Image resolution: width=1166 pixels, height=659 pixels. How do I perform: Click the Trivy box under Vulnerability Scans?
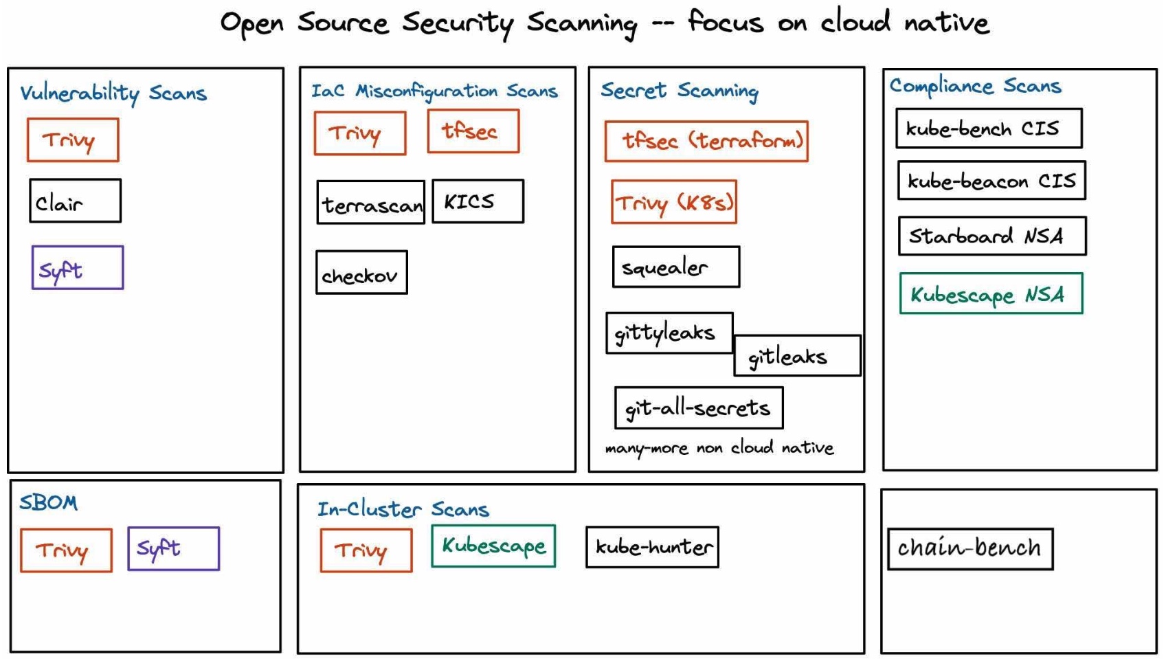[73, 140]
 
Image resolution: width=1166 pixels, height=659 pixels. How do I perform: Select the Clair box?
[75, 201]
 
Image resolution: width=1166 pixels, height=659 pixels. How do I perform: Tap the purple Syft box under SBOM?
[173, 548]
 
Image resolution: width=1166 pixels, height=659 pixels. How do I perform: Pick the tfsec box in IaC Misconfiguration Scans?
[473, 131]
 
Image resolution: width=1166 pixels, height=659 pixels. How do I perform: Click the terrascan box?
[370, 203]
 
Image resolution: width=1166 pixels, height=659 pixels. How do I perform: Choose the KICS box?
[478, 201]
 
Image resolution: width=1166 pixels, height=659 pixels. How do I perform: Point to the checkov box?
[361, 273]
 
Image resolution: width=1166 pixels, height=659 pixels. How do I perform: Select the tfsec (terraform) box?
[706, 142]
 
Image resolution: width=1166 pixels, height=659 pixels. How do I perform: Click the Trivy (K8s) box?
[673, 202]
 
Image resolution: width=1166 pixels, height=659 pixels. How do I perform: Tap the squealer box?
[675, 267]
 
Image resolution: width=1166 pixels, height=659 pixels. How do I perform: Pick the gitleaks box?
[797, 356]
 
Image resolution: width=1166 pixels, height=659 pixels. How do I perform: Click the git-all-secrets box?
[698, 408]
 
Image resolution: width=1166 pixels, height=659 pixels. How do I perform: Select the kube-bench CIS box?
[988, 129]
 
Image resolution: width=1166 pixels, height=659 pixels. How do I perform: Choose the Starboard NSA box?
[991, 236]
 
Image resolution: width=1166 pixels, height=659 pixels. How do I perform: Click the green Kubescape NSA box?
[990, 294]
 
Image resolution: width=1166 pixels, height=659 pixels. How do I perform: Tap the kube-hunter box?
[652, 547]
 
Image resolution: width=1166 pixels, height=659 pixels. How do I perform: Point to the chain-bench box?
[969, 548]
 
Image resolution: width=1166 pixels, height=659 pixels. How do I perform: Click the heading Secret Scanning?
[679, 90]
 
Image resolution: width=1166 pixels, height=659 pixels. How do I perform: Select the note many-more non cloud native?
[719, 448]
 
